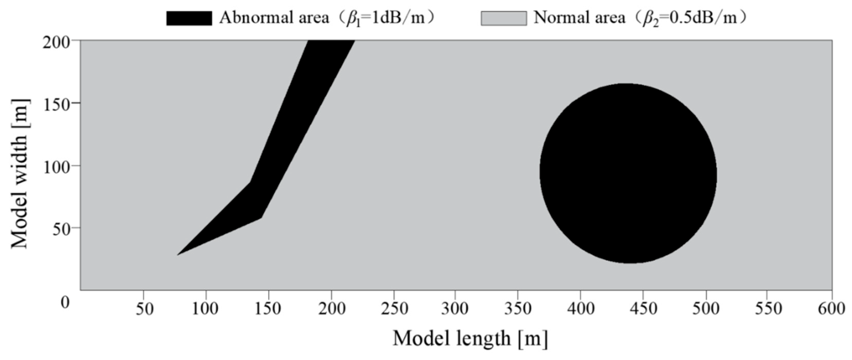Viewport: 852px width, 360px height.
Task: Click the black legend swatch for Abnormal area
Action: [189, 18]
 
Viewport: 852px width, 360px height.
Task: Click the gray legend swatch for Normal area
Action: [504, 18]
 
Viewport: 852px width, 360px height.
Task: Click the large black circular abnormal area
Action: [628, 174]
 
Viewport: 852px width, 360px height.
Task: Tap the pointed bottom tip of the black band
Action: [179, 254]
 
